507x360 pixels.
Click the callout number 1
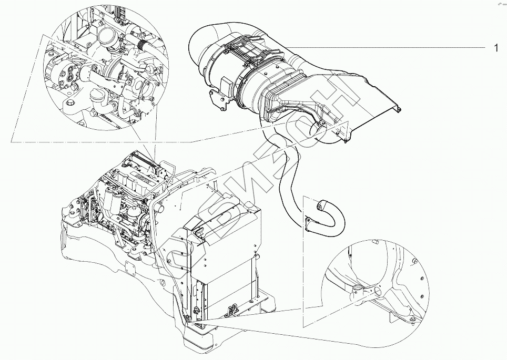pyautogui.click(x=495, y=48)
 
